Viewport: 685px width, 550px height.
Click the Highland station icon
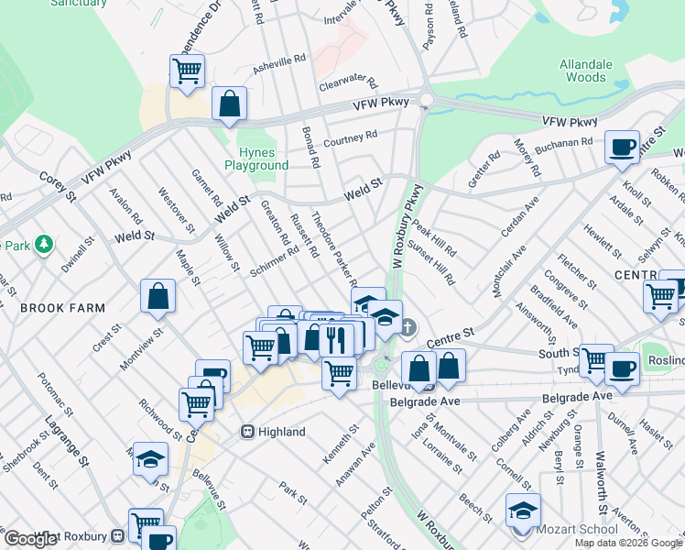(x=247, y=432)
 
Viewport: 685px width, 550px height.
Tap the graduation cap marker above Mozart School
(x=523, y=509)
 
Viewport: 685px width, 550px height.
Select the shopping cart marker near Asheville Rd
(x=187, y=71)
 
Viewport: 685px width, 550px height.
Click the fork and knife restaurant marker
(x=336, y=339)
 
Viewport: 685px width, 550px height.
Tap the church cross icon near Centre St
(x=408, y=326)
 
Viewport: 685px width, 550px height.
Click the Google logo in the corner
(x=30, y=539)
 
